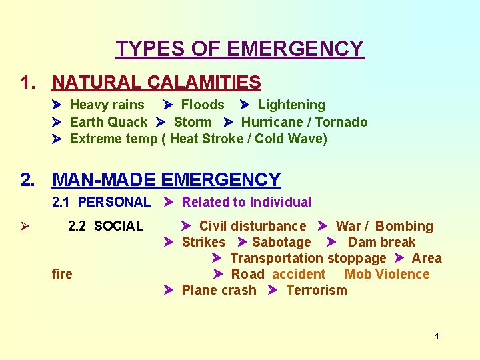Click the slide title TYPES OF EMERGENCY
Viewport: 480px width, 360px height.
240,49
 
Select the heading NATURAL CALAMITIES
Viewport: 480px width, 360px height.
156,83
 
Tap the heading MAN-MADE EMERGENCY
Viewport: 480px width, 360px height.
166,180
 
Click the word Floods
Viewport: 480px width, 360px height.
203,105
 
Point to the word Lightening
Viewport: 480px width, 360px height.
291,105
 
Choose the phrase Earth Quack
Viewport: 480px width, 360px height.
109,122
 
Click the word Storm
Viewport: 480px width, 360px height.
193,122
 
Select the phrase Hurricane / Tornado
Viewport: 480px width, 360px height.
304,122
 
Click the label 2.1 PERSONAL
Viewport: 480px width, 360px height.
101,202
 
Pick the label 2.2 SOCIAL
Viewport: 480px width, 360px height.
105,226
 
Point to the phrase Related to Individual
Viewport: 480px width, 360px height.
247,202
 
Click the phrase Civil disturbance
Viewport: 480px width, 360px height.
253,226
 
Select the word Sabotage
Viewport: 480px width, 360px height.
281,242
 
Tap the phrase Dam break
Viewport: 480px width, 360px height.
381,242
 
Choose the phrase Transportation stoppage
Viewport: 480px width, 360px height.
308,258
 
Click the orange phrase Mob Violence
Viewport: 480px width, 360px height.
387,274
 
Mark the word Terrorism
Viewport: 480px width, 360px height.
317,290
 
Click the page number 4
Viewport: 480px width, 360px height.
437,336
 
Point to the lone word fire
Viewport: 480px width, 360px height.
62,274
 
